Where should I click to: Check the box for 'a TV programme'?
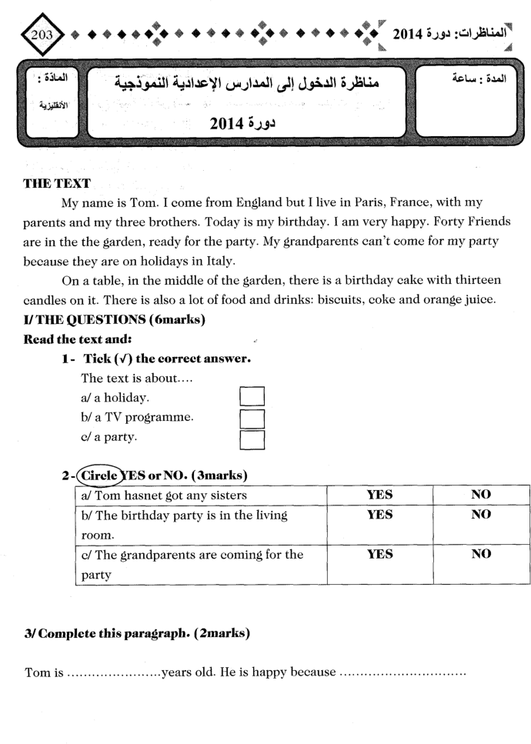click(252, 419)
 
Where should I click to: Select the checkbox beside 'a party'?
click(252, 439)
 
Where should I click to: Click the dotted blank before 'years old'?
click(113, 673)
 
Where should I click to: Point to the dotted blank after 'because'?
click(402, 673)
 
